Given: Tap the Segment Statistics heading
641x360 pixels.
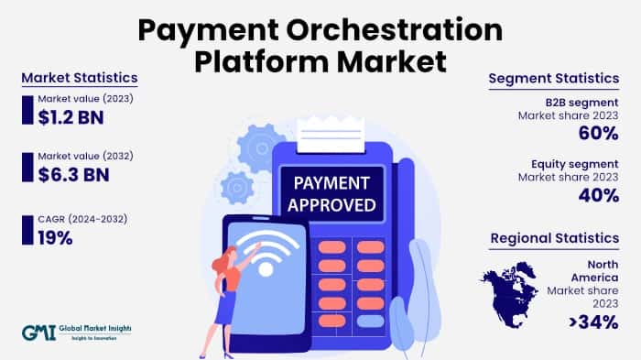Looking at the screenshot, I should [x=555, y=79].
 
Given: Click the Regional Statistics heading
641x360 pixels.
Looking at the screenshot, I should [x=555, y=238].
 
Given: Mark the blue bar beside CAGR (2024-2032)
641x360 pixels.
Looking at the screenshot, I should [x=27, y=230].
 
